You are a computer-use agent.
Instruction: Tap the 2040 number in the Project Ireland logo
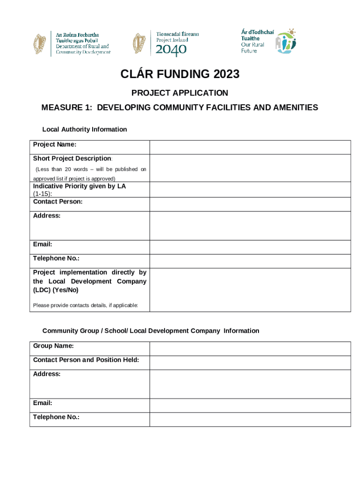pos(171,51)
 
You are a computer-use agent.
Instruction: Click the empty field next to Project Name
pos(250,147)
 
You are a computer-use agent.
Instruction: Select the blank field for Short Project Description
pos(250,168)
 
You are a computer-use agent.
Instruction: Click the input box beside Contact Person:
pos(250,204)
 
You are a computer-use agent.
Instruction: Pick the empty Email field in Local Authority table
pos(250,247)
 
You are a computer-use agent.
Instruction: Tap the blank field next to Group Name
pos(250,348)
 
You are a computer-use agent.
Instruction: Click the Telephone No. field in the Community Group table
pos(250,420)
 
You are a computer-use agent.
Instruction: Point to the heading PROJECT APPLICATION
pos(180,93)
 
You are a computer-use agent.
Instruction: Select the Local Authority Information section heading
pos(85,130)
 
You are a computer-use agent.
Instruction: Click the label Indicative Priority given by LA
pos(79,186)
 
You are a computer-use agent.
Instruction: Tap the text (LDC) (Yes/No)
pos(56,290)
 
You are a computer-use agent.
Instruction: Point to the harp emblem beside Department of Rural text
pos(40,44)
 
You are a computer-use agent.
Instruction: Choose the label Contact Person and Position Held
pos(86,360)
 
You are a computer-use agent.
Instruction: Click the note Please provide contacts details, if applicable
pos(86,306)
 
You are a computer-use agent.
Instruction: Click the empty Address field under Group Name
pos(250,384)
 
